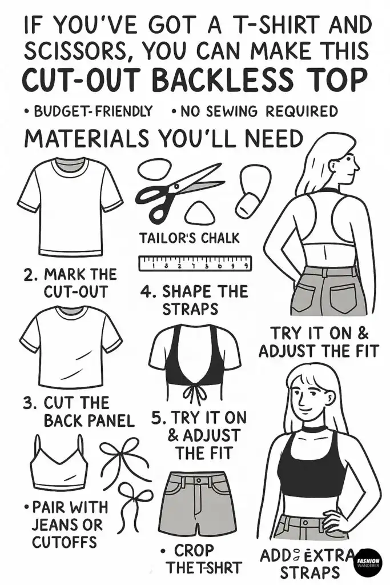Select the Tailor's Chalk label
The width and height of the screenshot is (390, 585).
tap(190, 237)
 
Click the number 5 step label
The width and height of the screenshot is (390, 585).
tap(158, 418)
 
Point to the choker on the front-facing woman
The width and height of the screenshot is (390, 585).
tap(314, 428)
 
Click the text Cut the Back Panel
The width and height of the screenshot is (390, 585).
tap(78, 411)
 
